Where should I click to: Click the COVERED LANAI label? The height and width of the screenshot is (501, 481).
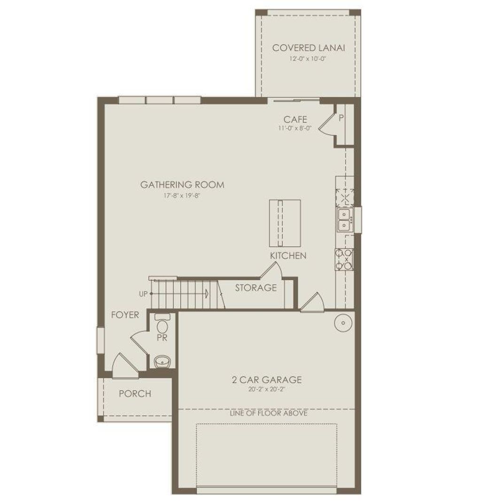coord(309,48)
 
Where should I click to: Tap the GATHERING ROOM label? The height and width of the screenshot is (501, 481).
coord(182,185)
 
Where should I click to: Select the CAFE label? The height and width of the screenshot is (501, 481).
coord(295,120)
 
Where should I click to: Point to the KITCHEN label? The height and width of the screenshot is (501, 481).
coord(288,256)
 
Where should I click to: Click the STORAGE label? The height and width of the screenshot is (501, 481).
coord(256,288)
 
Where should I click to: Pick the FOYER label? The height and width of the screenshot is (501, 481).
coord(125,315)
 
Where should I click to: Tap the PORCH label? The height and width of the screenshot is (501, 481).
coord(135,393)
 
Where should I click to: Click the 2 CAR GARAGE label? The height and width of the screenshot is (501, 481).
coord(267,380)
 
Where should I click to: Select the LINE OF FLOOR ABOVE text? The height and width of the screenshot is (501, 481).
coord(269,414)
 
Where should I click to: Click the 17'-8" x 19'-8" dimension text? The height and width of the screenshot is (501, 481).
coord(182,195)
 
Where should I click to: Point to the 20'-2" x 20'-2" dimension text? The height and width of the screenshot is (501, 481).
coord(267,389)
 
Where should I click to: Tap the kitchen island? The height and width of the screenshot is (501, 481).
coord(285,223)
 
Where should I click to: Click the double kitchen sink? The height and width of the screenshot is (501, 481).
coord(345,220)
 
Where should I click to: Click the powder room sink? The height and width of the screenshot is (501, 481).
coord(163,362)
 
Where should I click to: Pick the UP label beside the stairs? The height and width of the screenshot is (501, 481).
coord(143,294)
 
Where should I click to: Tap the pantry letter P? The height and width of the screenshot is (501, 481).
coord(341,117)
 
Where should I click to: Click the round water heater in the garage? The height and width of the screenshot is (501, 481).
coord(343,323)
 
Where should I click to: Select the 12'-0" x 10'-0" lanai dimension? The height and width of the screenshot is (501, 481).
coord(309,60)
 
